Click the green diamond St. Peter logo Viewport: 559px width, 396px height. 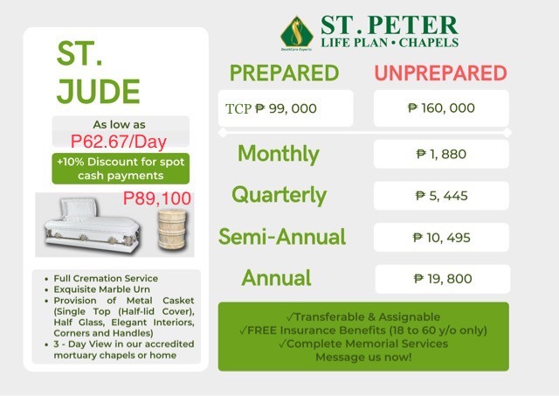coord(297,33)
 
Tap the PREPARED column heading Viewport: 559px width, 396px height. coord(284,73)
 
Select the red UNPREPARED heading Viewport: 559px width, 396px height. coord(440,73)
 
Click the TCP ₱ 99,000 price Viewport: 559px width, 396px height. coord(271,108)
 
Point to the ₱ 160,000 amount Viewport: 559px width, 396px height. coord(441,108)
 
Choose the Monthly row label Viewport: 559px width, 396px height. coord(279,154)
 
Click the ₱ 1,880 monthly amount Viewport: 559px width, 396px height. coord(441,154)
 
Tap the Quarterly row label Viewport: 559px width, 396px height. coord(279,196)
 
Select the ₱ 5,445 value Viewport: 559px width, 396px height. coord(441,196)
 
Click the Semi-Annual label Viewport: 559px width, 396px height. coord(282,237)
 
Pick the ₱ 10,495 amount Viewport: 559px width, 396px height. coord(442,238)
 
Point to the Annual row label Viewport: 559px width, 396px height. coord(276,278)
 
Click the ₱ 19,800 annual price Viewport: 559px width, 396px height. coord(443,279)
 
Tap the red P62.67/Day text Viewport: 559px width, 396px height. coord(119,142)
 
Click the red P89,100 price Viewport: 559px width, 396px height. coord(157,198)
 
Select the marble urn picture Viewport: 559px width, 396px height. coord(172,229)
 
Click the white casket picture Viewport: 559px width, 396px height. coord(91,226)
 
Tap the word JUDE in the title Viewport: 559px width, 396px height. coord(99,91)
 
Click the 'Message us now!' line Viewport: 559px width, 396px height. coord(363,358)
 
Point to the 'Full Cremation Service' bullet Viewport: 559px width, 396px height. coord(106,278)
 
